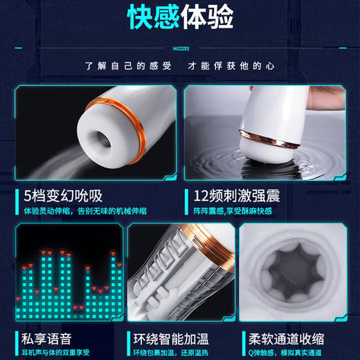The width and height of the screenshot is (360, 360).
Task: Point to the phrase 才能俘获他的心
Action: pyautogui.click(x=233, y=66)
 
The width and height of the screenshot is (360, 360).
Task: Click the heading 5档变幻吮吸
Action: pyautogui.click(x=57, y=195)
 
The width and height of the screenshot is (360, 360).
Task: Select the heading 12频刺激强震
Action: pyautogui.click(x=237, y=195)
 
